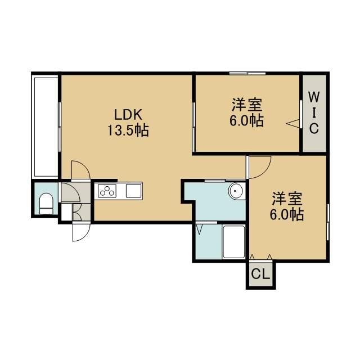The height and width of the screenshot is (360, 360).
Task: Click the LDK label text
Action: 128,115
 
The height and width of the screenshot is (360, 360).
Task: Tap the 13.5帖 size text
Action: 128,130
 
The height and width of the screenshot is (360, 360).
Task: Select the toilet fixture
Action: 46,204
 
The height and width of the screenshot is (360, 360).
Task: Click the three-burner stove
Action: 107,191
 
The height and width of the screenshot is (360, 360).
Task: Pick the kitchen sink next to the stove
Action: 134,191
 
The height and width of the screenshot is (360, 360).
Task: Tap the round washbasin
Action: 236,191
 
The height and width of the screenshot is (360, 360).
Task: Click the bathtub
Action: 233,242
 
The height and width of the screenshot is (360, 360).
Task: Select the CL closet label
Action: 260,274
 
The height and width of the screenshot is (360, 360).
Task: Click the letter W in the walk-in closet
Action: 314,97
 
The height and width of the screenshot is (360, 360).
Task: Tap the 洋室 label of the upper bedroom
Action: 247,105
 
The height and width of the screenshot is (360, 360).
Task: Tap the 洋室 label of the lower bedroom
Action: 287,199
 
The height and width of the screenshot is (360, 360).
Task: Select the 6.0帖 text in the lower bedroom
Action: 287,215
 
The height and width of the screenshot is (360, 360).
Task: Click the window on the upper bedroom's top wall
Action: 247,73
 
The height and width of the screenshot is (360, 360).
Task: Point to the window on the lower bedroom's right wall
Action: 328,222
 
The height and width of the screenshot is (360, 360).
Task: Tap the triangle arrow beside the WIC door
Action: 292,123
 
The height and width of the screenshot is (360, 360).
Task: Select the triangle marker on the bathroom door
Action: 199,229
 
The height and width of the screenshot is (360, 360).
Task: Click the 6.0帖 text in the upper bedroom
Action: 247,120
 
